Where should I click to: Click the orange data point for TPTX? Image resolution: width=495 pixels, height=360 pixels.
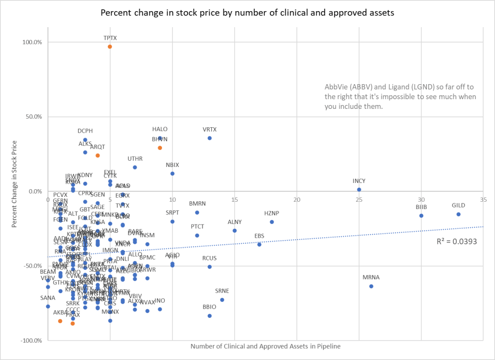pos(110,46)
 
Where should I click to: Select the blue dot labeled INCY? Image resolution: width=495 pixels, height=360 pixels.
pos(359,190)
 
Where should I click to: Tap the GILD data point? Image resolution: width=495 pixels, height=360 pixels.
pos(458,214)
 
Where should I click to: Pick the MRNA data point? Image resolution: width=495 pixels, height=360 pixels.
pos(371,286)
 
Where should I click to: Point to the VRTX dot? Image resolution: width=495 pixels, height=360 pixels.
pos(209,138)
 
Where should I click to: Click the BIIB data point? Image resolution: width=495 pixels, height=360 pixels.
pos(421,216)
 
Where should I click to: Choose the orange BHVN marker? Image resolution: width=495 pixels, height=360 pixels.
pos(160,148)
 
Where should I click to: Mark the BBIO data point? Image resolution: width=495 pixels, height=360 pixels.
pos(209,316)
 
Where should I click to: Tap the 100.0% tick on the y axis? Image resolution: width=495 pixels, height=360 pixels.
pos(32,42)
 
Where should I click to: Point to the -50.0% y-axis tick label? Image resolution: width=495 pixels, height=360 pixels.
pos(32,266)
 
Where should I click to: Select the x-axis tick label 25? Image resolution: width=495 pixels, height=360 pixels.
pos(359,199)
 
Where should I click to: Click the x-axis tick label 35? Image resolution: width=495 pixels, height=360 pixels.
pos(483,199)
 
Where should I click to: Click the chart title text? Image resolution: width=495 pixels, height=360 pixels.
pos(247,13)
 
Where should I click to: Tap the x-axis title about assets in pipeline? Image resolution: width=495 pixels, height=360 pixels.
pos(265,346)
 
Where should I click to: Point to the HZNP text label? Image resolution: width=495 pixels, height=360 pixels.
pos(272,213)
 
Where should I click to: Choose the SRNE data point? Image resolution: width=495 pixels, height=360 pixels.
pos(222,300)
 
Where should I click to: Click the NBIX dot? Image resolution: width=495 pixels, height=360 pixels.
pos(172,174)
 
